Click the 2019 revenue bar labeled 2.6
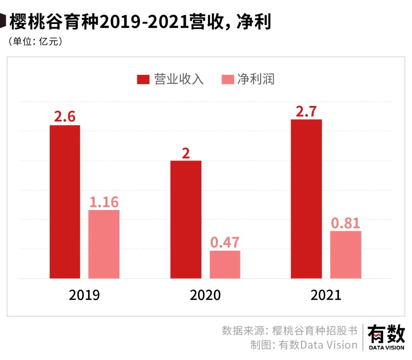tap(65, 202)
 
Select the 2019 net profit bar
tap(104, 244)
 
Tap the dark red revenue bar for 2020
tap(186, 219)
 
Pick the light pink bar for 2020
tap(225, 264)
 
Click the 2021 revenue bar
tap(306, 199)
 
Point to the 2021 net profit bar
tap(346, 254)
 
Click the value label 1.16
tap(104, 202)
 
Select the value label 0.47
tap(225, 243)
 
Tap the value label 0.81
tap(346, 223)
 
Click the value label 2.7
tap(306, 112)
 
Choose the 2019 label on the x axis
tap(84, 295)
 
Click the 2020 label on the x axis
tap(205, 295)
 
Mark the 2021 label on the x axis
tap(326, 295)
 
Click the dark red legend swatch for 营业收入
tap(143, 79)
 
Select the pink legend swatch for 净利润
tap(227, 79)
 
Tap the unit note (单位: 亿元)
tap(35, 41)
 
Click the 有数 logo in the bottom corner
tap(386, 337)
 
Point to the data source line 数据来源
tap(290, 330)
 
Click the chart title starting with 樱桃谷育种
tap(140, 22)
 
